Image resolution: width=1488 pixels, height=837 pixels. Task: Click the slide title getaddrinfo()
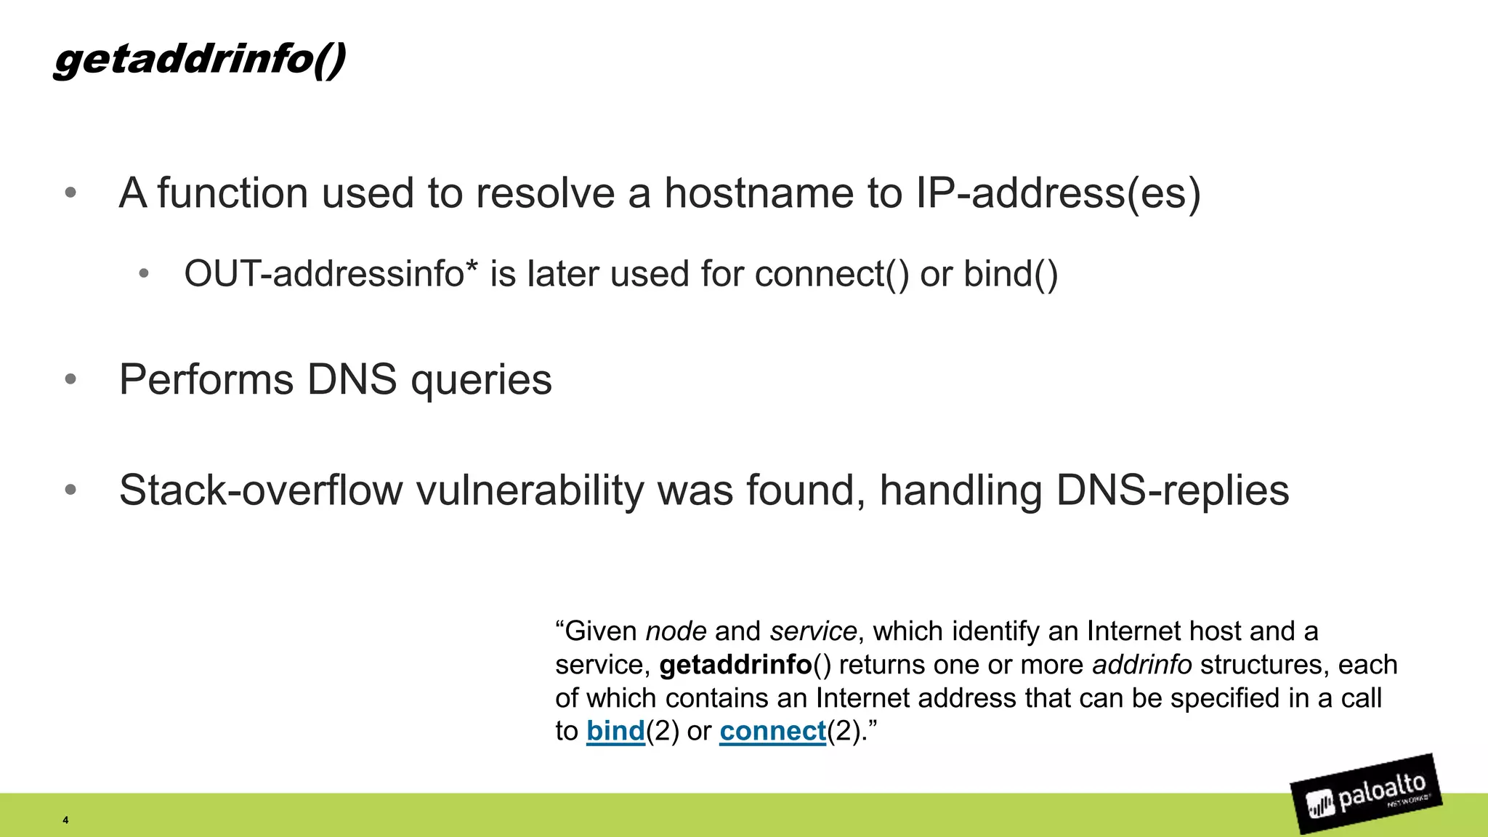199,59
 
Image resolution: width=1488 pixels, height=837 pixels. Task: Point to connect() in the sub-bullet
831,274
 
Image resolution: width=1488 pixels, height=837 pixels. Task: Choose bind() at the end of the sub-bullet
1011,274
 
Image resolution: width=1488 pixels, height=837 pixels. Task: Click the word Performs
206,379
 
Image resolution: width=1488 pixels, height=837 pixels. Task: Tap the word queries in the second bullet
481,381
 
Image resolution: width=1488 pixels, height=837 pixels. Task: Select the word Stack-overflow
260,490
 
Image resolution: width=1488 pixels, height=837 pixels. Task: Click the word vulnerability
530,491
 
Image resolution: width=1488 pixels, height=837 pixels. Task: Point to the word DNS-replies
1173,491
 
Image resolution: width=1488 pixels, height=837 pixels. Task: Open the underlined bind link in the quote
615,731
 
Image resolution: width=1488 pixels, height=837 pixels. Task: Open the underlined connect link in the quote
773,731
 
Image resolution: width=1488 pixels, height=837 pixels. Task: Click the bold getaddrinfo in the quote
735,665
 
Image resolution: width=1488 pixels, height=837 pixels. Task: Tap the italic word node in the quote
676,631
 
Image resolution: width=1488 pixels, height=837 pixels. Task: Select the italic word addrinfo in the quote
1142,665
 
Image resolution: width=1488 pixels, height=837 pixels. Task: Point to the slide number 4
65,820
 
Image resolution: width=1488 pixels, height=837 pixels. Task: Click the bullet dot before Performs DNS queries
70,379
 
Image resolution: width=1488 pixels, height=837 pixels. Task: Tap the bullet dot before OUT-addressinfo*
144,274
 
